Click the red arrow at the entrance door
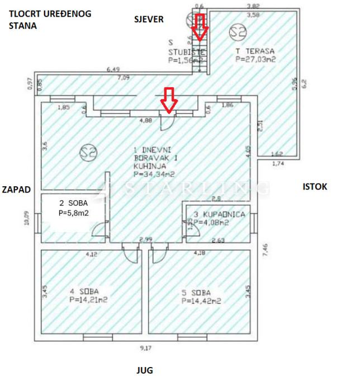point(169,100)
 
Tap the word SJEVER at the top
point(149,20)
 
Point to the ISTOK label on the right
point(315,187)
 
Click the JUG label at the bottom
point(145,370)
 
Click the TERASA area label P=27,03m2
point(257,58)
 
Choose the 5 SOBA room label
point(196,291)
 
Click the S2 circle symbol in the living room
point(86,152)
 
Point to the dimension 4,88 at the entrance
point(145,120)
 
